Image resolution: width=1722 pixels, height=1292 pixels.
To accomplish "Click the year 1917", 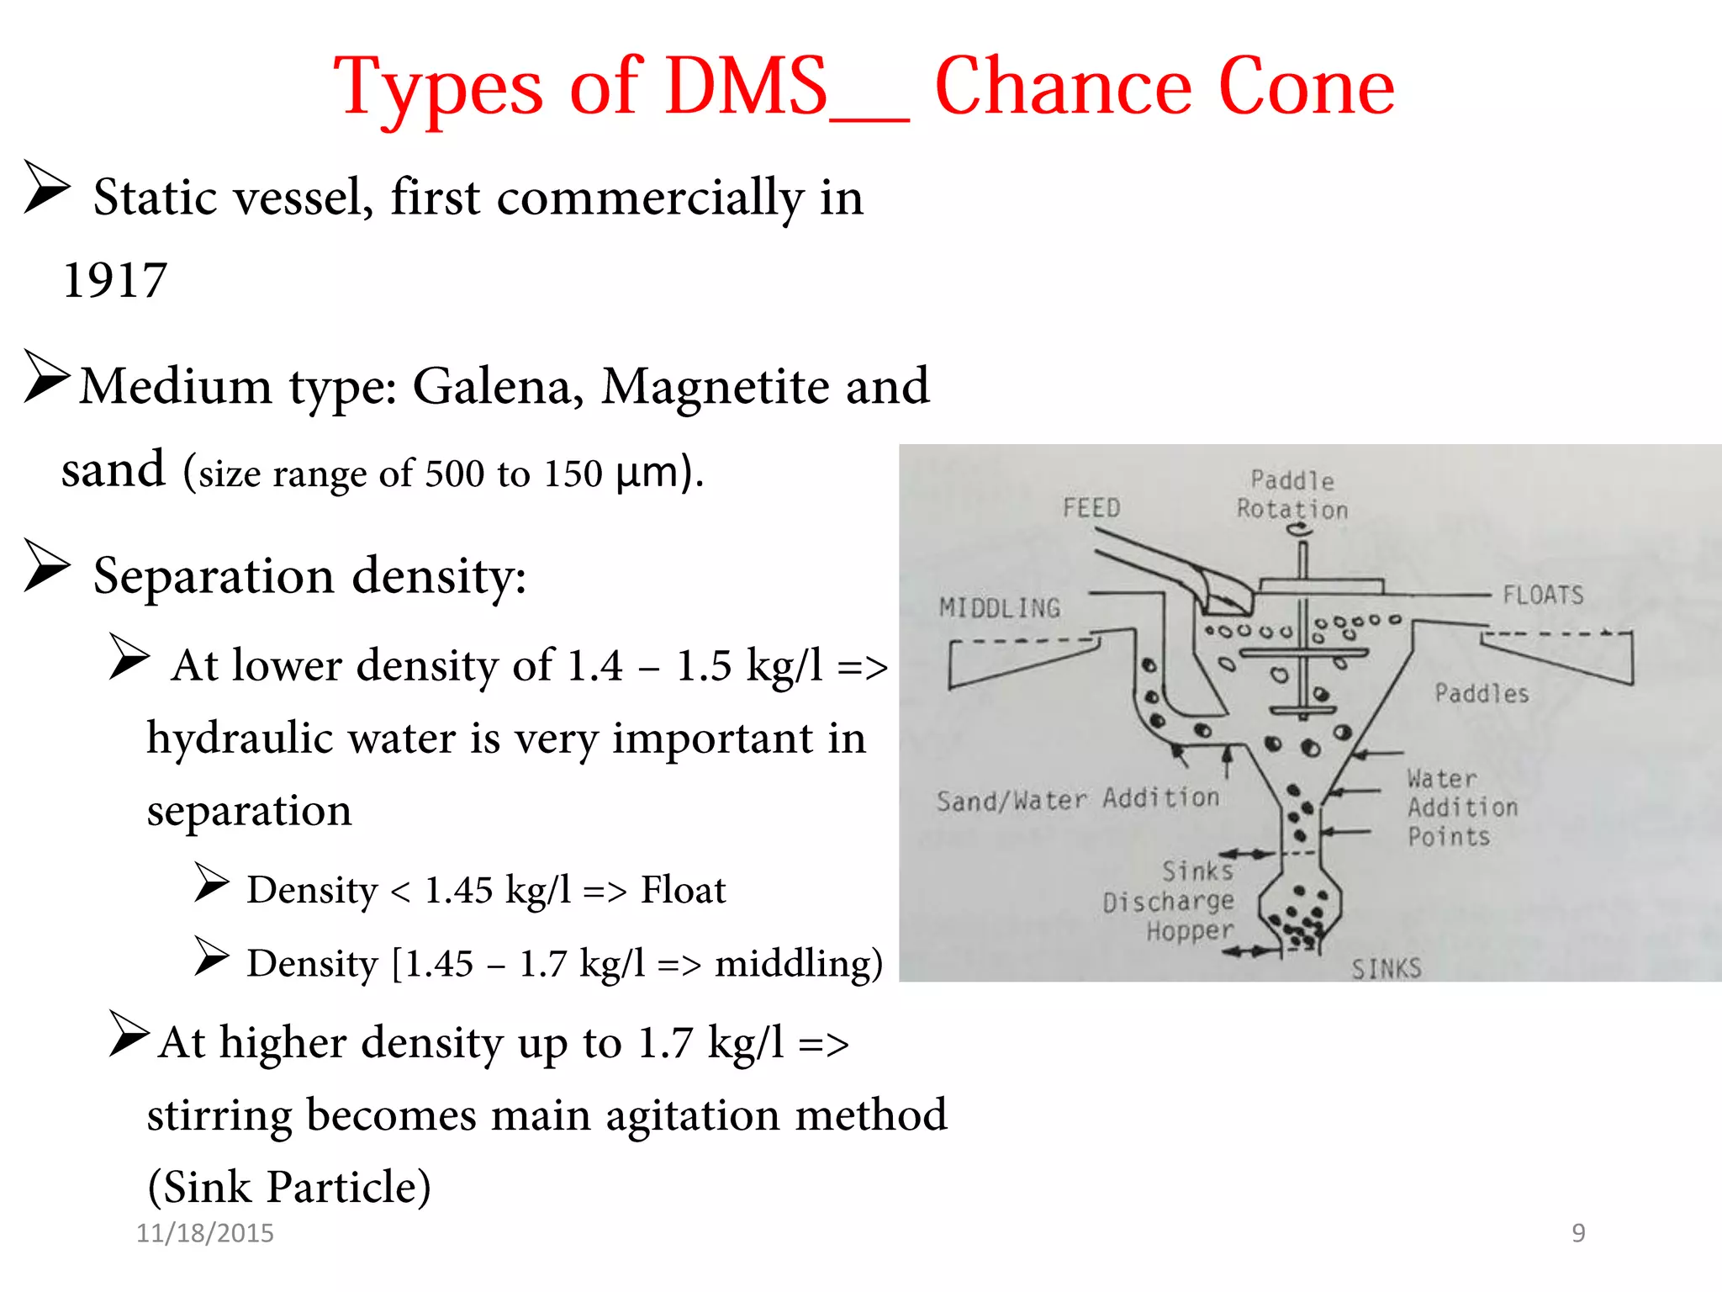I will (x=115, y=280).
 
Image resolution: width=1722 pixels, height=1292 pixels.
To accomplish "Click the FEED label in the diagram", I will (x=1091, y=508).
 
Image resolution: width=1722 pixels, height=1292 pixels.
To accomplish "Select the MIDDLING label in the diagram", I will (x=999, y=608).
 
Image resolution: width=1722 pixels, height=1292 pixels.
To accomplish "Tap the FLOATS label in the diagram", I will (x=1542, y=596).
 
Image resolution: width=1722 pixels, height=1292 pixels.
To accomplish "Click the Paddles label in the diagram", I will (x=1481, y=694).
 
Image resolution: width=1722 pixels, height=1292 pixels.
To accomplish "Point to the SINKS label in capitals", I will (x=1386, y=969).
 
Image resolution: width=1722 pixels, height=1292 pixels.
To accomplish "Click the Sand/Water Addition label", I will (x=1077, y=799).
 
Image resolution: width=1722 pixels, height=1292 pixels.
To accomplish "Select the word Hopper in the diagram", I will (x=1190, y=931).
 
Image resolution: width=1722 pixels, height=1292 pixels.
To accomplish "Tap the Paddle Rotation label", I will (x=1291, y=495).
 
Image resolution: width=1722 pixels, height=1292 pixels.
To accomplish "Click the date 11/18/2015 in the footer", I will (x=205, y=1233).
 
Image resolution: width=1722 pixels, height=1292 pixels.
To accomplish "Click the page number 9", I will (x=1578, y=1233).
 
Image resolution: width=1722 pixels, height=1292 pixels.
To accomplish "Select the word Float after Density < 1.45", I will (x=683, y=890).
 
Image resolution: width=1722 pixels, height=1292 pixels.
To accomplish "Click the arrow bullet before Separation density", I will (x=46, y=566).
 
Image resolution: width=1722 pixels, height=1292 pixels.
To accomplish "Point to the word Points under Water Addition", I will (x=1448, y=837).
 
